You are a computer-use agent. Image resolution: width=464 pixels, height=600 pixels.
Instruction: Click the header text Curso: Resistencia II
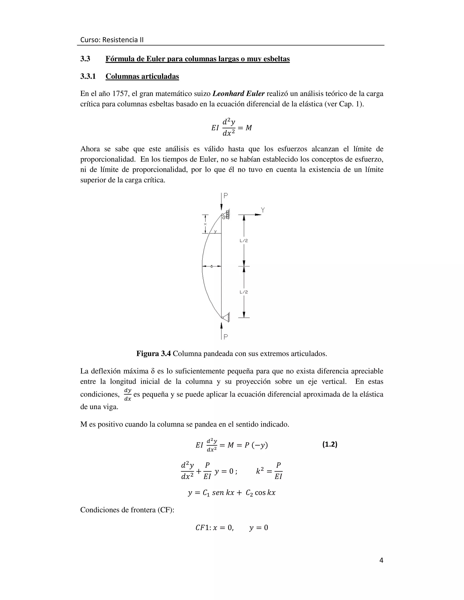(x=112, y=40)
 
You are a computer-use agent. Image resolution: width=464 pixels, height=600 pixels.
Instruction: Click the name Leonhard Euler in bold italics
(x=239, y=94)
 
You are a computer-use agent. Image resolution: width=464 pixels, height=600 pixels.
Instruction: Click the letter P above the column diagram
(x=226, y=196)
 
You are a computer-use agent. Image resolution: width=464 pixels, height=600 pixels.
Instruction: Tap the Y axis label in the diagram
(x=263, y=210)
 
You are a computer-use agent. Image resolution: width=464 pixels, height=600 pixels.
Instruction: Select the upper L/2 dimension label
(x=244, y=241)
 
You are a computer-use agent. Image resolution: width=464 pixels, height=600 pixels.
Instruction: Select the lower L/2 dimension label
(x=244, y=292)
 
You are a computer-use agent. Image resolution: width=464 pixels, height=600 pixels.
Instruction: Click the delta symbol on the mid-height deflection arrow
(x=211, y=266)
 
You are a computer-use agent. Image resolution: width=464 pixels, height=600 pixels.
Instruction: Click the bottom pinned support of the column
(x=226, y=318)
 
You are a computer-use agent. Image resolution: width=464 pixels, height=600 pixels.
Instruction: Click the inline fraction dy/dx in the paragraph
(x=128, y=394)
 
